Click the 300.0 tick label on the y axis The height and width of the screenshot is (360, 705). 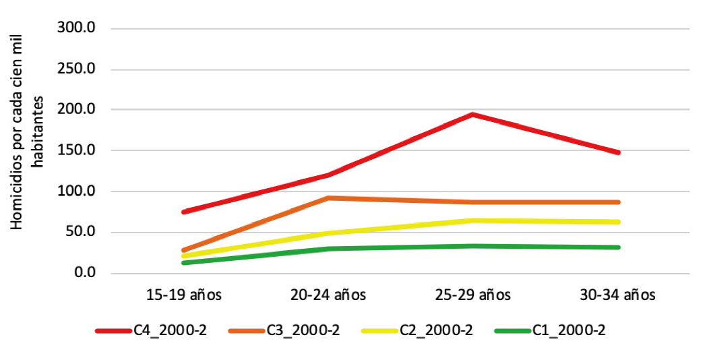coord(80,28)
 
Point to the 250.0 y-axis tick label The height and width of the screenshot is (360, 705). coord(80,69)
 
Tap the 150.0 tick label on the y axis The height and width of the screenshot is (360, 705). coord(80,150)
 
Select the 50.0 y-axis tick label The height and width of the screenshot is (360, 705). coord(83,233)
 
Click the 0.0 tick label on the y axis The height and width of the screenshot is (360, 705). coord(86,273)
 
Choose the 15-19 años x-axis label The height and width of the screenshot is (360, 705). coord(183,295)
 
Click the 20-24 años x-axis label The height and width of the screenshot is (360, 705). coord(328,295)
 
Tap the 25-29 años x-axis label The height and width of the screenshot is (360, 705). coord(473,295)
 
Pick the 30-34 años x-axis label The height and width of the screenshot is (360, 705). coord(617,295)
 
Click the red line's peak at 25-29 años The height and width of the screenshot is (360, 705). coord(473,115)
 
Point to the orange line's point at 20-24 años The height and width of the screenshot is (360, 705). coord(328,198)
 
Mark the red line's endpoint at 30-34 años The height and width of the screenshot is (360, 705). coord(617,153)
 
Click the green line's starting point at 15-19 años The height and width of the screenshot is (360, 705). coord(183,262)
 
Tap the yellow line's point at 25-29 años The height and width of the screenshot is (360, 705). coord(473,220)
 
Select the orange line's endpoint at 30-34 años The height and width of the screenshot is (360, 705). coord(617,202)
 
